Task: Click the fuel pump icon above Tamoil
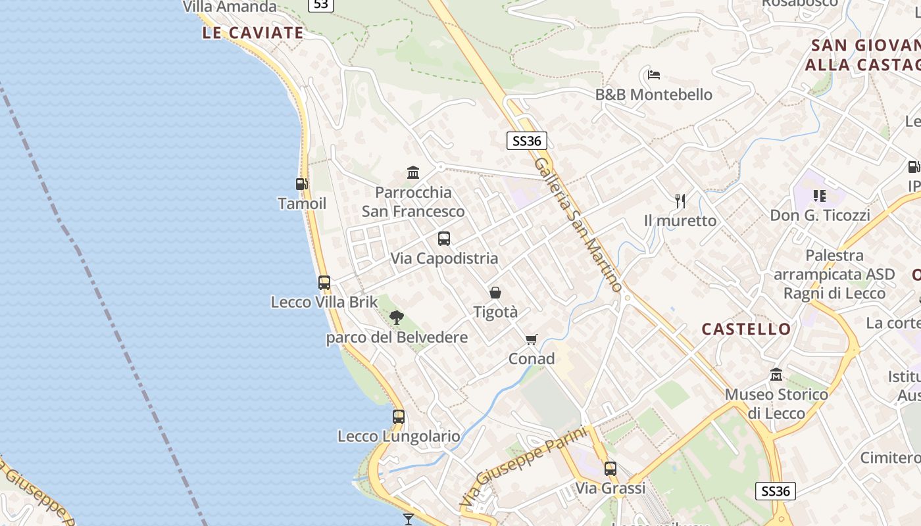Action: pyautogui.click(x=301, y=185)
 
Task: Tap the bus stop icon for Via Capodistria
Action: pyautogui.click(x=444, y=239)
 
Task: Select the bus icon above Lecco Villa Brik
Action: pyautogui.click(x=324, y=283)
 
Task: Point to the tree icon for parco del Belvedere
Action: pyautogui.click(x=396, y=318)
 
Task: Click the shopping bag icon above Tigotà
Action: pyautogui.click(x=495, y=293)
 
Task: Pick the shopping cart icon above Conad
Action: pyautogui.click(x=532, y=339)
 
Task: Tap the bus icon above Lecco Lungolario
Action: pyautogui.click(x=399, y=416)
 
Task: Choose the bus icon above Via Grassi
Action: pyautogui.click(x=610, y=469)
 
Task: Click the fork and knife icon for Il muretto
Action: pyautogui.click(x=680, y=201)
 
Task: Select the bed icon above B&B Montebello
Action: pyautogui.click(x=653, y=75)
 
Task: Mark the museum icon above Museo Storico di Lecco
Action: pyautogui.click(x=776, y=375)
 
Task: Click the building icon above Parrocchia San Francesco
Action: pyautogui.click(x=413, y=173)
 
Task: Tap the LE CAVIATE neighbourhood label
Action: pyautogui.click(x=253, y=33)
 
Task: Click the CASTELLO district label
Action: pyautogui.click(x=746, y=329)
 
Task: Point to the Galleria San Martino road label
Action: pyautogui.click(x=578, y=224)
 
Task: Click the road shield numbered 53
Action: pyautogui.click(x=320, y=5)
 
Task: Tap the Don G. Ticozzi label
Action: pyautogui.click(x=820, y=215)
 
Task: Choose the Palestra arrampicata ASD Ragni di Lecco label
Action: pyautogui.click(x=834, y=274)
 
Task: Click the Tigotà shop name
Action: pyautogui.click(x=495, y=312)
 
